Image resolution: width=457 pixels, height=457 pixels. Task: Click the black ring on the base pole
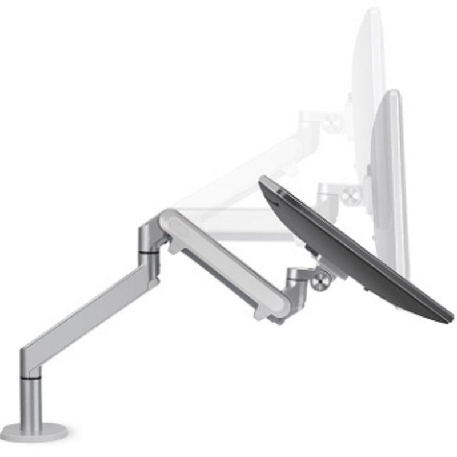pos(31,378)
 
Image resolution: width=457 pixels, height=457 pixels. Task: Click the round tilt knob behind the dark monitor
pos(322,280)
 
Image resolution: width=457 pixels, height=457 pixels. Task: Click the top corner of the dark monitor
pos(264,181)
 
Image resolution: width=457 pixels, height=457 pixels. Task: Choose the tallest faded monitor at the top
pos(368,97)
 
